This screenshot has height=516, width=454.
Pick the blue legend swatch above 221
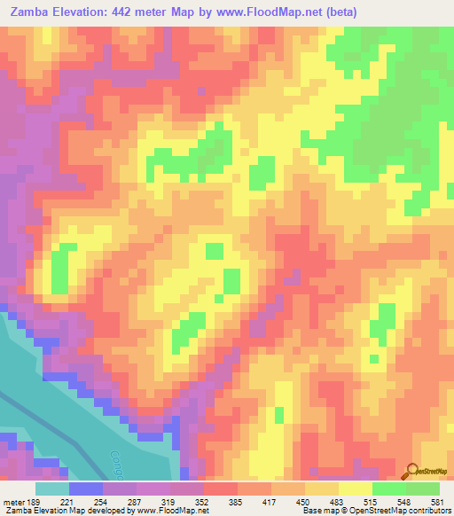[x=85, y=489]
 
